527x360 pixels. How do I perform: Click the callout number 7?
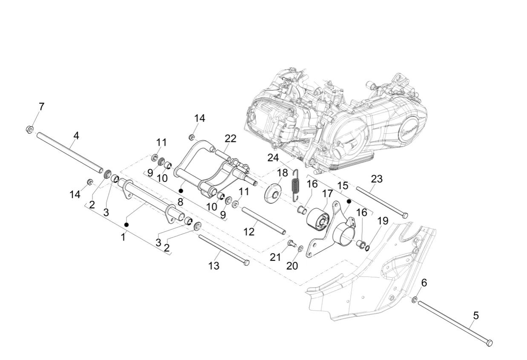click(41, 107)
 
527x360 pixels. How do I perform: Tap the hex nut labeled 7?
click(29, 128)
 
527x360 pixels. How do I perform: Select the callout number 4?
click(76, 135)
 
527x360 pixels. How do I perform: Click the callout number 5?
click(476, 316)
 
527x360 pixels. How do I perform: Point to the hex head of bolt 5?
click(489, 343)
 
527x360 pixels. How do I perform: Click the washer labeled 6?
click(414, 300)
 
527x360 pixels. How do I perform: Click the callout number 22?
click(230, 138)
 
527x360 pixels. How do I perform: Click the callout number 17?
click(327, 194)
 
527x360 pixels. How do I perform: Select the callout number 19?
click(383, 221)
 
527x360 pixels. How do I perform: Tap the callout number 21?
click(276, 257)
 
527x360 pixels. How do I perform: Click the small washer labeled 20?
click(301, 248)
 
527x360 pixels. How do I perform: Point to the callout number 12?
click(249, 231)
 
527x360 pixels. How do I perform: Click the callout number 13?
click(214, 266)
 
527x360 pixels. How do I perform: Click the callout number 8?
click(180, 202)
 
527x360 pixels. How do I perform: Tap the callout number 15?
click(343, 186)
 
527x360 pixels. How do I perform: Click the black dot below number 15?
click(348, 200)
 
